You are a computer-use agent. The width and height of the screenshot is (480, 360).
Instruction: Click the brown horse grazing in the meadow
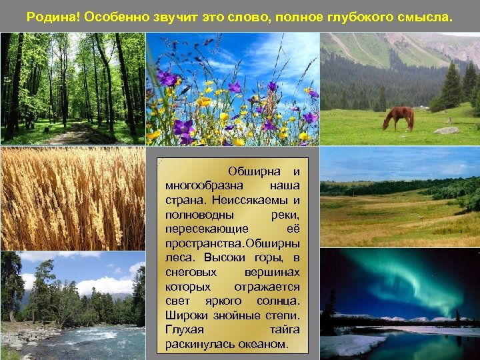(398, 117)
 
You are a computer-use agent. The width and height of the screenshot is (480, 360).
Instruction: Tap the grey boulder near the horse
(447, 131)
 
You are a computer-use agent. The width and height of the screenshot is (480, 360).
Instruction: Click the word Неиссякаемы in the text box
(254, 200)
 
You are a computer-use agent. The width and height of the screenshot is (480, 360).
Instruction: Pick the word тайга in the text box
(285, 330)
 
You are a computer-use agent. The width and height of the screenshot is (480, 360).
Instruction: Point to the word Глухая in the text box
(185, 330)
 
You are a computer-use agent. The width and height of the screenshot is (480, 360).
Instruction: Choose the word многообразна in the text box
(204, 185)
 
